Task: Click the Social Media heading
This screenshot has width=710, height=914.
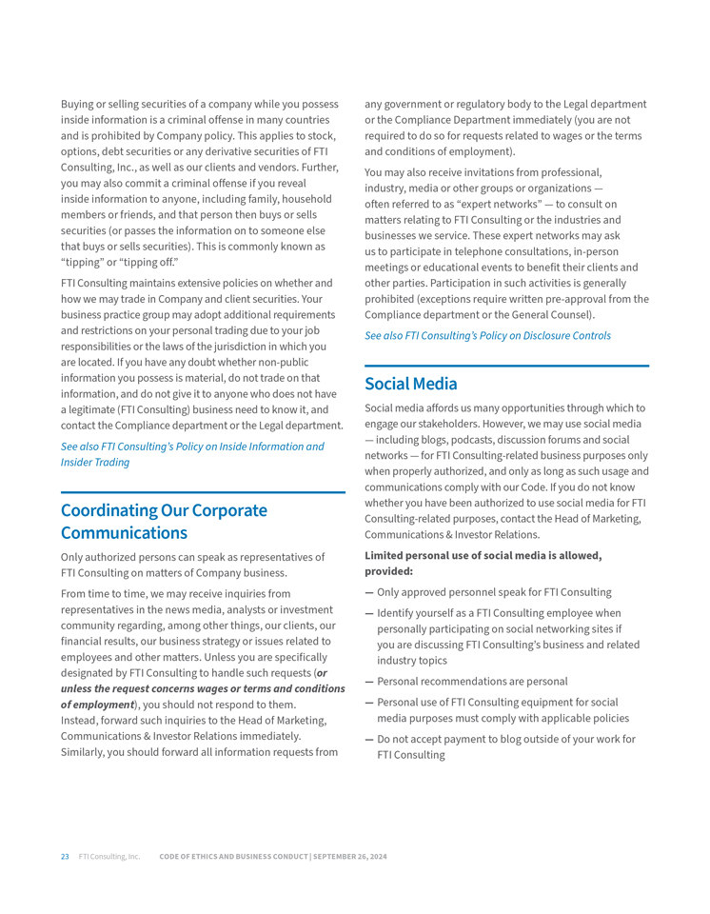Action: point(410,384)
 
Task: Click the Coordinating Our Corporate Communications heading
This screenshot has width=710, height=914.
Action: point(164,521)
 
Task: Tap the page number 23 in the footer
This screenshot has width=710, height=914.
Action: point(65,857)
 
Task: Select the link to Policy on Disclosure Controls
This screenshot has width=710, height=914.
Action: point(487,335)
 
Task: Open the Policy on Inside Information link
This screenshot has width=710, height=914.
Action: point(191,454)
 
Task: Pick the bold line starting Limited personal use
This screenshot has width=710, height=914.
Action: point(483,563)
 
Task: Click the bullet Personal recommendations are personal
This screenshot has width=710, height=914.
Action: point(472,681)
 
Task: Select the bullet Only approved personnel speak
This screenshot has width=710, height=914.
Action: point(494,592)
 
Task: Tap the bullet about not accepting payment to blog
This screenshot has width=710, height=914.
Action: point(505,746)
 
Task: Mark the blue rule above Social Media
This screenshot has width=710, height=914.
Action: point(506,366)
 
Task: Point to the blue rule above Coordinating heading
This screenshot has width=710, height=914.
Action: point(203,492)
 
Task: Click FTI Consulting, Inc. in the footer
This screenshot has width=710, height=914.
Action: point(109,857)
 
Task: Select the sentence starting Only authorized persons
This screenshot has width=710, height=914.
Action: point(192,565)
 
